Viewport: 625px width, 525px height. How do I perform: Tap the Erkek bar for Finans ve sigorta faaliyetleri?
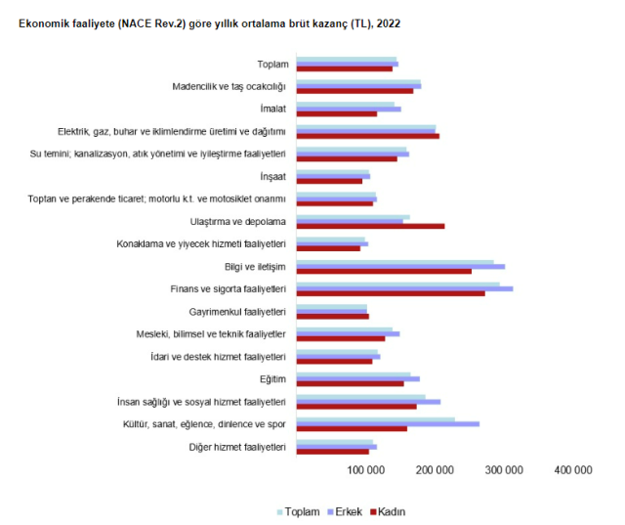coord(403,288)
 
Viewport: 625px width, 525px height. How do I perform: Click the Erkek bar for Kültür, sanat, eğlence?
coord(387,423)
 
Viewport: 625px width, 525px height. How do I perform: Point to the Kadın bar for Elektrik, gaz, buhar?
coord(367,136)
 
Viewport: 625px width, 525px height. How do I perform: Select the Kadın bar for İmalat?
coord(336,113)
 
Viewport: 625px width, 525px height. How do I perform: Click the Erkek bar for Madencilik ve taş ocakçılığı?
coord(357,86)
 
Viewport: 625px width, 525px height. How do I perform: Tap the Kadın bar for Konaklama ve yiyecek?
coord(327,248)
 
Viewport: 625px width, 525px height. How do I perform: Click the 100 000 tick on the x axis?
coord(365,470)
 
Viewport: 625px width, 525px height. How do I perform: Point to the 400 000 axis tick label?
coord(572,470)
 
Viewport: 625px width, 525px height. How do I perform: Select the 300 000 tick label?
coord(503,470)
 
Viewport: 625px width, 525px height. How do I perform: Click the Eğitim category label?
coord(272,379)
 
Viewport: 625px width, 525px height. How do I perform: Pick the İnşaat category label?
coord(272,176)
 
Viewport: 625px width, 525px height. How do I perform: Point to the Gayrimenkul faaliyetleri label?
coord(237,312)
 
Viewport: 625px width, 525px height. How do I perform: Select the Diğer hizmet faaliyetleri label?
coord(237,447)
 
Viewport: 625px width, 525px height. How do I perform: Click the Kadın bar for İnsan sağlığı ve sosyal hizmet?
coord(355,406)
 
